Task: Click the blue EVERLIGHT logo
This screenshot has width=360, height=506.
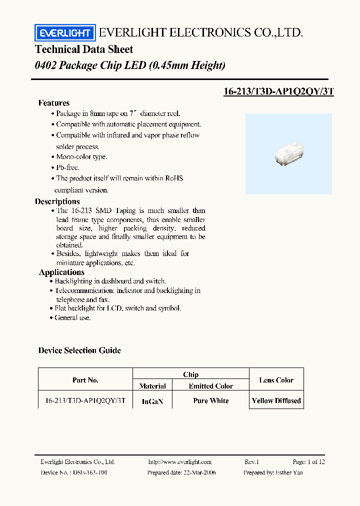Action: coord(64,33)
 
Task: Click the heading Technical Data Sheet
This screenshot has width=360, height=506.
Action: coord(84,49)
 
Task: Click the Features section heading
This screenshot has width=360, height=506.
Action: coord(54,103)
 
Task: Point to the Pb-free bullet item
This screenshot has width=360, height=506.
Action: coord(67,167)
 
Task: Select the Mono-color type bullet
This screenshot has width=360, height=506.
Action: coord(81,156)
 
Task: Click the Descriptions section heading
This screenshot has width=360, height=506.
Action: coord(57,201)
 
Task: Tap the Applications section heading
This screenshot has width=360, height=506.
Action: coord(61,272)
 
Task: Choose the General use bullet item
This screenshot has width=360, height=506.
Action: coord(72,317)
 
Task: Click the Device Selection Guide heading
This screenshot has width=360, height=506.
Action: coord(79,350)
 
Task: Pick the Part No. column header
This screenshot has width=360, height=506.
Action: coord(85,380)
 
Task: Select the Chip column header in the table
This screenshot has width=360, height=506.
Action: coord(190,374)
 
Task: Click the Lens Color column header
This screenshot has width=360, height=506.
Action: coord(276,380)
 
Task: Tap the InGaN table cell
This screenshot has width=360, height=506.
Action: coord(152,401)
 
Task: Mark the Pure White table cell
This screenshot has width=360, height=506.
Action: coord(210,401)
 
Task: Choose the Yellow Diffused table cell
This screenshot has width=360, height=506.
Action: coord(276,401)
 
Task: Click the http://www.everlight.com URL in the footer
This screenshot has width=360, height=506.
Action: coord(180,462)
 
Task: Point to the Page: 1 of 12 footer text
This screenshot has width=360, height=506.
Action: coord(308,462)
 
